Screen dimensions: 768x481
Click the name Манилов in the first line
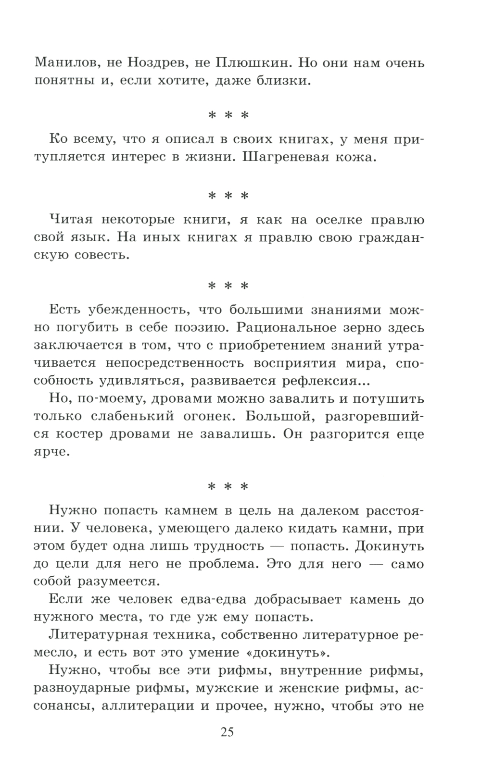tap(61, 62)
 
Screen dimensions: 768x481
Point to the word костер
tap(77, 434)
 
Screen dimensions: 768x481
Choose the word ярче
tap(52, 452)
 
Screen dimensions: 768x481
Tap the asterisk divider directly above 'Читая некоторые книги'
tap(228, 196)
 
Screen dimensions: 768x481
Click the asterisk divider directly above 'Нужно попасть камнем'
tap(228, 486)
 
